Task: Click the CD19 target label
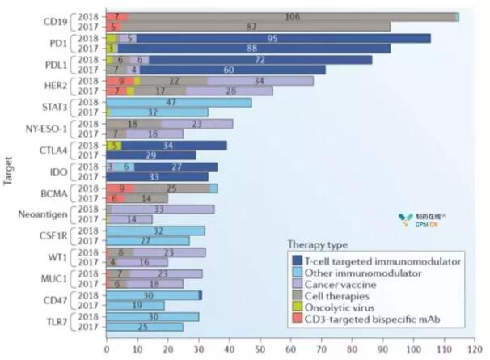56,21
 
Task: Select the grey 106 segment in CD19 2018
291,16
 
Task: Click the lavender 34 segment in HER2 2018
260,81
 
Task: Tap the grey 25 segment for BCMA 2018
172,188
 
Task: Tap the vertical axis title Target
7,172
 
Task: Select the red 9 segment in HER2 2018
120,81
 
